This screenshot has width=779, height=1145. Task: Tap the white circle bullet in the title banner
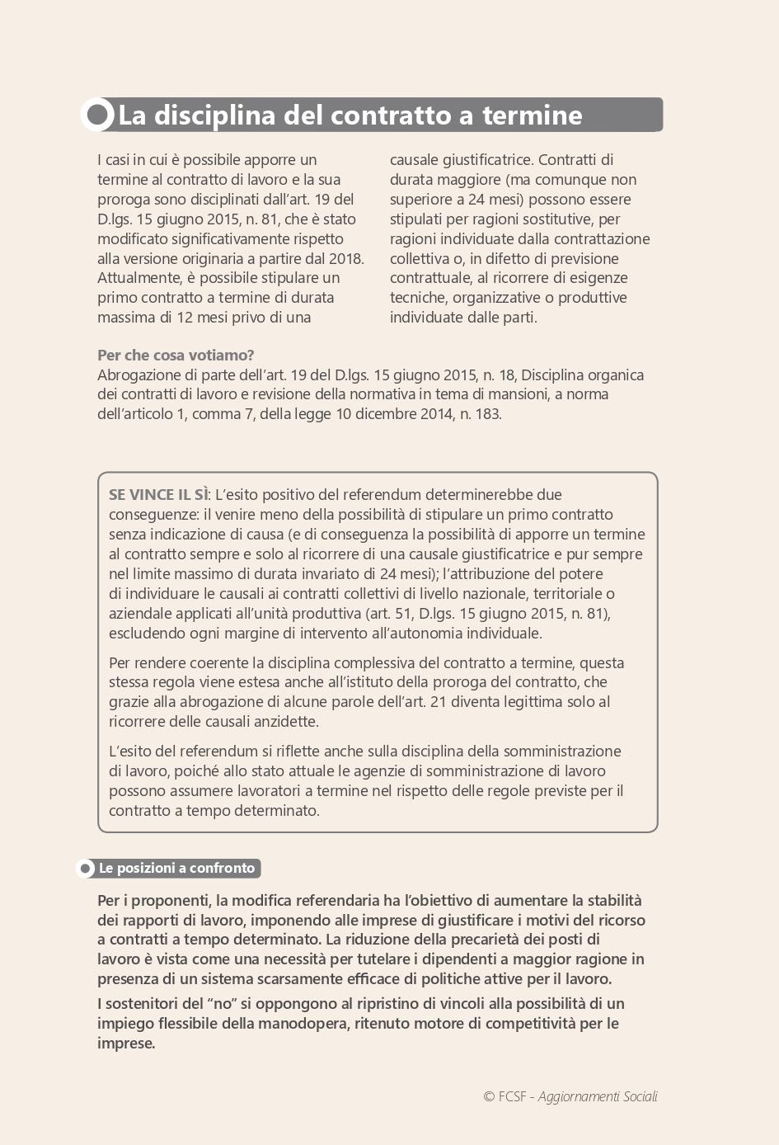click(x=98, y=115)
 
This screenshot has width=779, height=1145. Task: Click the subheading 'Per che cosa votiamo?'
click(x=176, y=356)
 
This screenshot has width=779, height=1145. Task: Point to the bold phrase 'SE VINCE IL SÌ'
click(x=158, y=495)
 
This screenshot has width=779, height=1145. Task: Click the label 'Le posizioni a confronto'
click(x=176, y=868)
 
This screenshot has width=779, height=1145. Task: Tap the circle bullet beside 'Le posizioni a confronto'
click(x=86, y=869)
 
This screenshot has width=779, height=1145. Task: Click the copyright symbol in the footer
click(x=489, y=1096)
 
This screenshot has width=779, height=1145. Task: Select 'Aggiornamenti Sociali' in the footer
click(x=598, y=1096)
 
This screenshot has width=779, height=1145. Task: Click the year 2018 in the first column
click(x=345, y=258)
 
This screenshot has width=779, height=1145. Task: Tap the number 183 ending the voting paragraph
click(x=487, y=414)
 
